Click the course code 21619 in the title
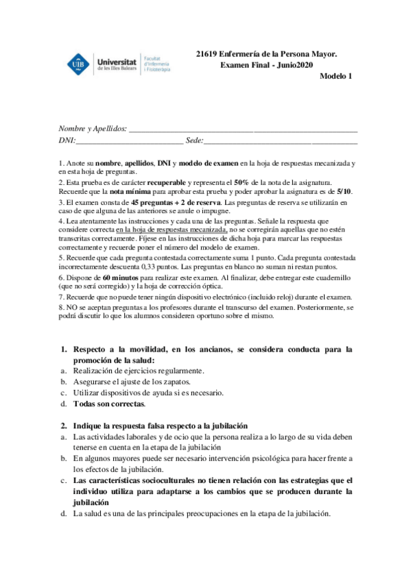point(207,52)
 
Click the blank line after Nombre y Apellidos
point(243,129)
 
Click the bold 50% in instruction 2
point(241,183)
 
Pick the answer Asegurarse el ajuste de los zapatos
point(131,382)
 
